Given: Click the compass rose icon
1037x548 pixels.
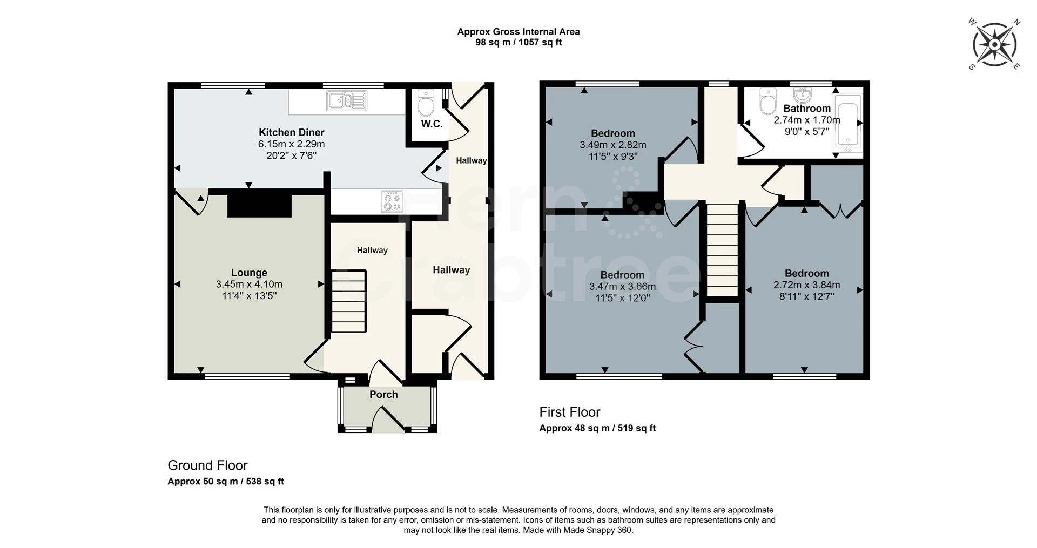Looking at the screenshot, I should coord(994,44).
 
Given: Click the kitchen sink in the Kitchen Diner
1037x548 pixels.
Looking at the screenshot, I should coord(346,100).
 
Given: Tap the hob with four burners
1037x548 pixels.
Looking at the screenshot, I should coord(392,201).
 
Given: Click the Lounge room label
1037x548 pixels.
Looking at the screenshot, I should coord(249,273).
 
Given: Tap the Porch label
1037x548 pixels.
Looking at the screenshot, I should coord(383,395).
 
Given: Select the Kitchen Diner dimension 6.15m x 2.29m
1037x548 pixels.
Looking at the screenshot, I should coord(291,144).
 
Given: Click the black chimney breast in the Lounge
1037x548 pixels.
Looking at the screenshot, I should coord(259,205).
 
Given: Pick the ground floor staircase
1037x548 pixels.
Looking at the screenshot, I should coord(348,301).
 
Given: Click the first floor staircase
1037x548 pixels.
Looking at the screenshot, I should coord(722,249).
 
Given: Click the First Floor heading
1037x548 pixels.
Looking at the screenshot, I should coord(569,412).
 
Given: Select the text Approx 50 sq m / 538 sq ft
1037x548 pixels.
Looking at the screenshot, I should coord(226,482).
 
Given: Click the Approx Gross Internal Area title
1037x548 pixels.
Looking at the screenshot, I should coord(518,32).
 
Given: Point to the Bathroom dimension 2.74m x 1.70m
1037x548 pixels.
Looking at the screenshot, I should coord(806,120).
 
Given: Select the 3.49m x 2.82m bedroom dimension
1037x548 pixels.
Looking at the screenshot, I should coord(612,145).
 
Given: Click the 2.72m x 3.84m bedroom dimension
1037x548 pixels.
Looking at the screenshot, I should coord(806,285).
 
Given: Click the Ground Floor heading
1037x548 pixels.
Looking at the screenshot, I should coord(207,465).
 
